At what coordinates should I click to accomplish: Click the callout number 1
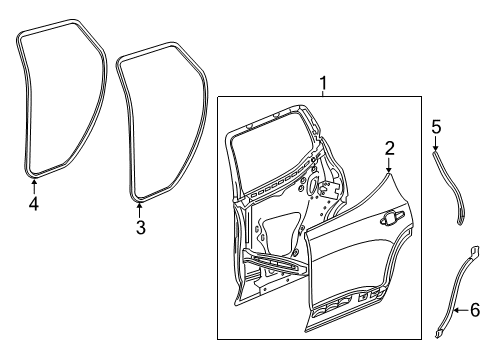click(x=322, y=82)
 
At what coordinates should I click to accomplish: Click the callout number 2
click(x=389, y=149)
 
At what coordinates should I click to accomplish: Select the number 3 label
click(x=140, y=227)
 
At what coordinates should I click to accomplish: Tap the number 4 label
click(x=33, y=205)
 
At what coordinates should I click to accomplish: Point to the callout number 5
click(x=436, y=126)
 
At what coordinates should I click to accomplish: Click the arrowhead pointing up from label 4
click(x=33, y=182)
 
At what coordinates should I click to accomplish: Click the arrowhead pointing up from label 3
click(x=139, y=205)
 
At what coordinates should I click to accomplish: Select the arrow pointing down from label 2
click(x=389, y=173)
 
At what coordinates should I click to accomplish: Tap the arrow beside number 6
click(x=458, y=312)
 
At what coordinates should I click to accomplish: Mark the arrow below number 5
click(x=436, y=149)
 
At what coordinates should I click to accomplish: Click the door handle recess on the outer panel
click(x=388, y=243)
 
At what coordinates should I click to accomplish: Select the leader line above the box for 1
click(x=322, y=93)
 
